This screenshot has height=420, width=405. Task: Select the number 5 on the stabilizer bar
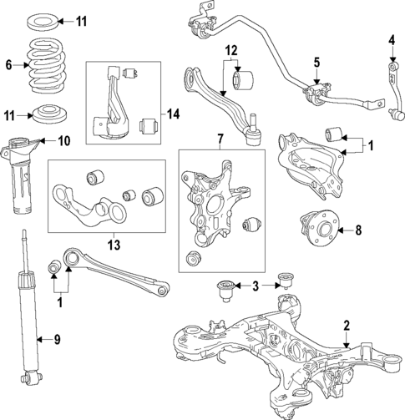coord(316,62)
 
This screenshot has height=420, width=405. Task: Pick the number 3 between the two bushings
coord(256,286)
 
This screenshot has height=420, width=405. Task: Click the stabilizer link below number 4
coord(391,83)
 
